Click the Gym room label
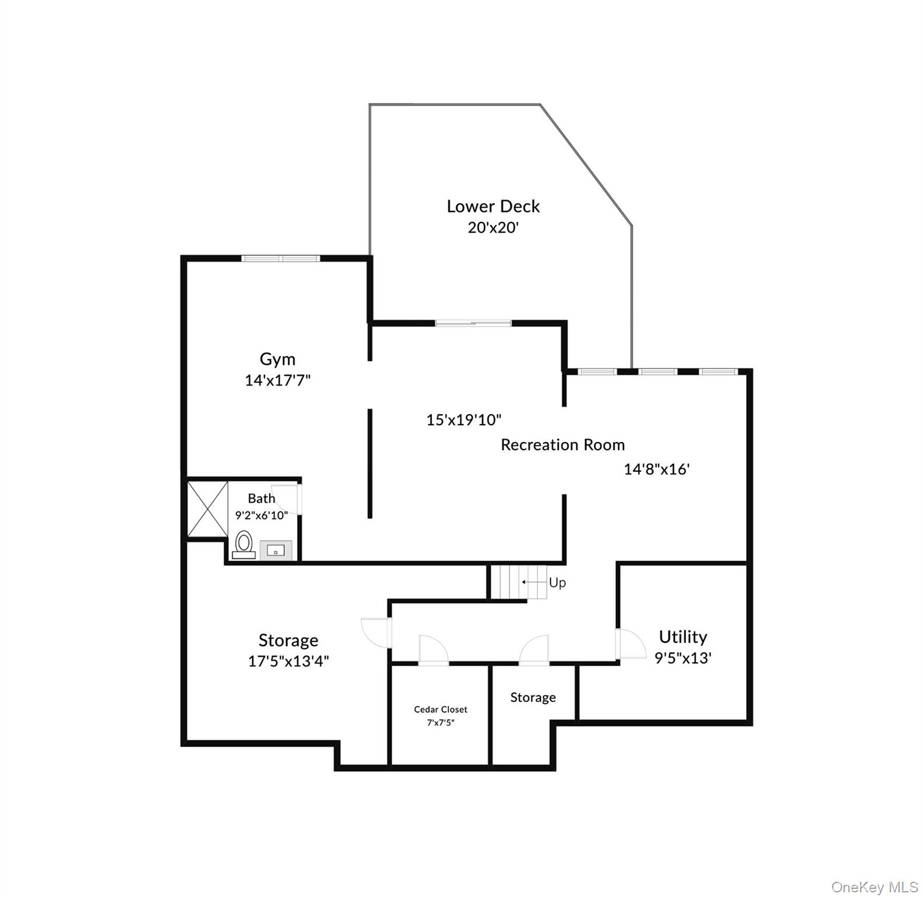277,359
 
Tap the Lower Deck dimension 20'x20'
493,227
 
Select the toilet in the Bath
244,544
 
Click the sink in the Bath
276,550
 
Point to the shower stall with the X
207,508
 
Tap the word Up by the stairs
557,583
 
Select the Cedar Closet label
440,709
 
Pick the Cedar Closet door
433,650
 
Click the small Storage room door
534,650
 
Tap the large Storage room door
375,632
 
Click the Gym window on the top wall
281,258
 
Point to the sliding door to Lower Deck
473,323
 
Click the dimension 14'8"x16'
657,469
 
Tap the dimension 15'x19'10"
464,419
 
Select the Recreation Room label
562,445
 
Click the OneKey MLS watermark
874,887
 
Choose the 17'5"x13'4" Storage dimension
288,661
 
